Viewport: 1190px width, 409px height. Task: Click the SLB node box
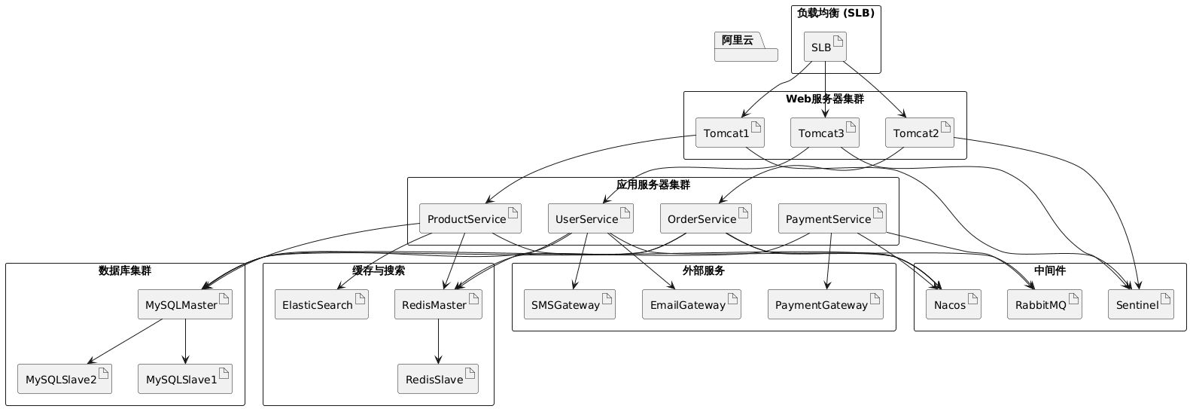coord(825,47)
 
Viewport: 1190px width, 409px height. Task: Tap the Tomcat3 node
coord(824,133)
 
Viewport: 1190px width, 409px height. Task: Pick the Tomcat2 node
coord(919,133)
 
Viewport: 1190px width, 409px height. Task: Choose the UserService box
coord(589,219)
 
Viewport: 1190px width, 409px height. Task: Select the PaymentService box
coord(831,219)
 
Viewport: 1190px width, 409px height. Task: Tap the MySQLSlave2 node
coord(64,379)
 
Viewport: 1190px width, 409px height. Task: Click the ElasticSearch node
coord(321,304)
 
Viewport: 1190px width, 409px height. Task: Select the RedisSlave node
coord(438,379)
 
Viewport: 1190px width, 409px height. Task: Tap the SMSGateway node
coord(569,304)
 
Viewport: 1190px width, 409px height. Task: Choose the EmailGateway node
coord(688,304)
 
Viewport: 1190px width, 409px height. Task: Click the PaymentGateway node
coord(825,304)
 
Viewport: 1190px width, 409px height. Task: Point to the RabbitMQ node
coord(1044,304)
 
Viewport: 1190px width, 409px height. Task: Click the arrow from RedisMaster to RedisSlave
coord(438,342)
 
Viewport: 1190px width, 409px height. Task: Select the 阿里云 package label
coord(738,41)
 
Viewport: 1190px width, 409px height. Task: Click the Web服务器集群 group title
coord(824,99)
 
